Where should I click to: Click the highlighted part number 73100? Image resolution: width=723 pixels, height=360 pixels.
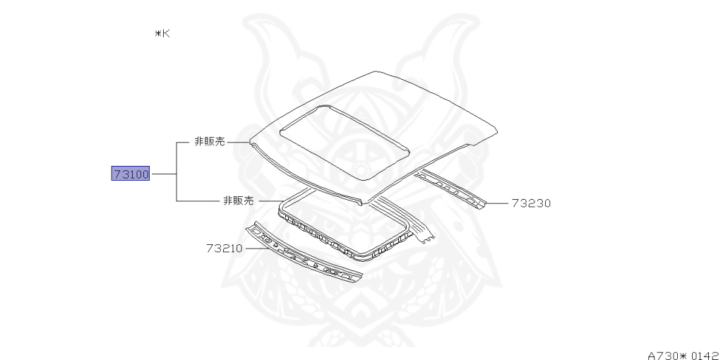click(131, 174)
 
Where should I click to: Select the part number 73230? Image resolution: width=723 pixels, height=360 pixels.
click(530, 203)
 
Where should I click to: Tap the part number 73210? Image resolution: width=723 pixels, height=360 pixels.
click(225, 248)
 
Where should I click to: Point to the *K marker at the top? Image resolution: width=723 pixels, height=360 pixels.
click(162, 33)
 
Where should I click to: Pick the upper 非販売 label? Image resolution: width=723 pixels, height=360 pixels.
click(210, 142)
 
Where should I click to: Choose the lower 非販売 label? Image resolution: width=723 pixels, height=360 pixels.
click(238, 200)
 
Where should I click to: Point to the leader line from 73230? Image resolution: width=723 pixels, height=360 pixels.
click(497, 203)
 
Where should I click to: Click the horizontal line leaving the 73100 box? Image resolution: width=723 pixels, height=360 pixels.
click(163, 174)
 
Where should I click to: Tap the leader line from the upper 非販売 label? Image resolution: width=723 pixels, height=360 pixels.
click(238, 142)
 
